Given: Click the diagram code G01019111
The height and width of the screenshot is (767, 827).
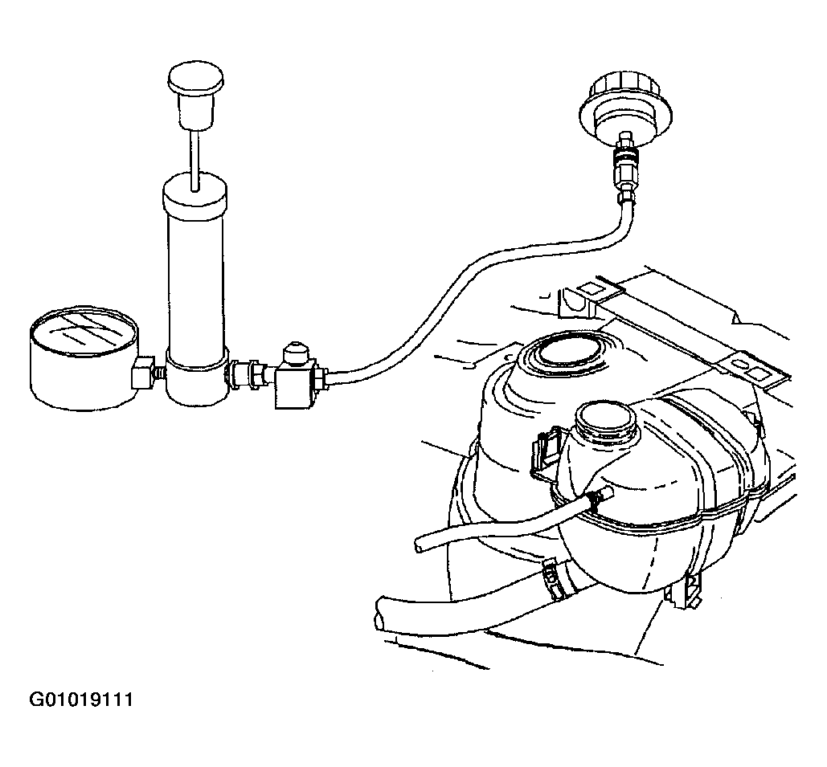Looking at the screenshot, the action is click(80, 700).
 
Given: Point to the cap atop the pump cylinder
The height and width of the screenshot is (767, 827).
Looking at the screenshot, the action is click(195, 194).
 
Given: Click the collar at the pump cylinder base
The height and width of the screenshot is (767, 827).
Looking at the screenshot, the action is click(197, 377).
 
